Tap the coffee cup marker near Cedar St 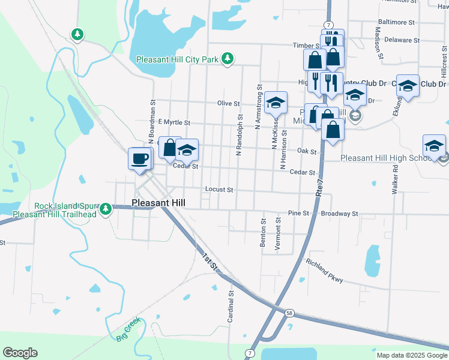(140, 159)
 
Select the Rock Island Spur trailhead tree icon (106, 209)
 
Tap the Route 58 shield (289, 313)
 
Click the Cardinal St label (231, 307)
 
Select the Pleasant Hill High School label (387, 158)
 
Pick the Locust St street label (219, 189)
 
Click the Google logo (20, 353)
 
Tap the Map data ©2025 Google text (411, 355)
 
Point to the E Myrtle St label (173, 122)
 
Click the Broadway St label (339, 213)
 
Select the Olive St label (228, 103)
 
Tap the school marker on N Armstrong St (276, 103)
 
